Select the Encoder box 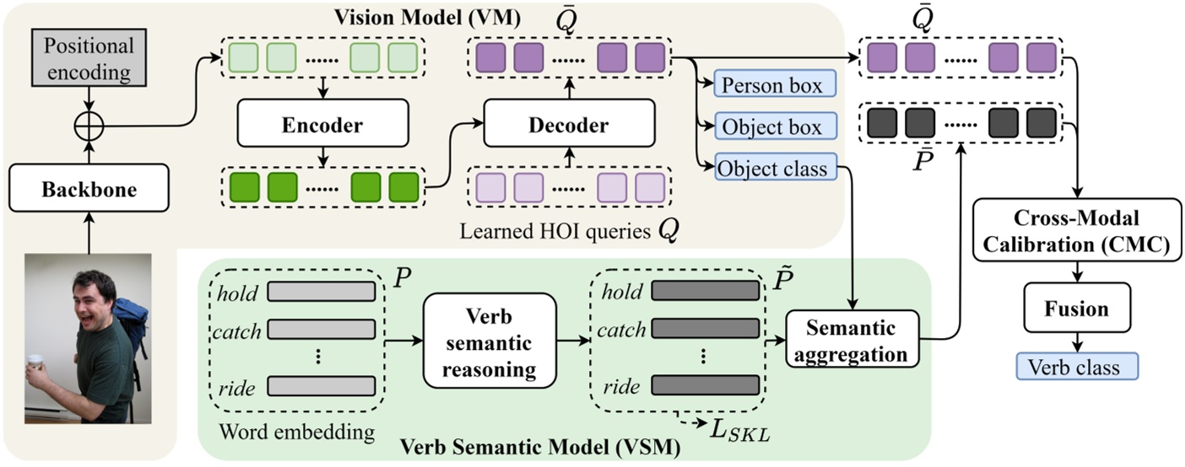(322, 126)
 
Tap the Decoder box (568, 126)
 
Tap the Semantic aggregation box (850, 340)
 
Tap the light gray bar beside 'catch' (321, 330)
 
